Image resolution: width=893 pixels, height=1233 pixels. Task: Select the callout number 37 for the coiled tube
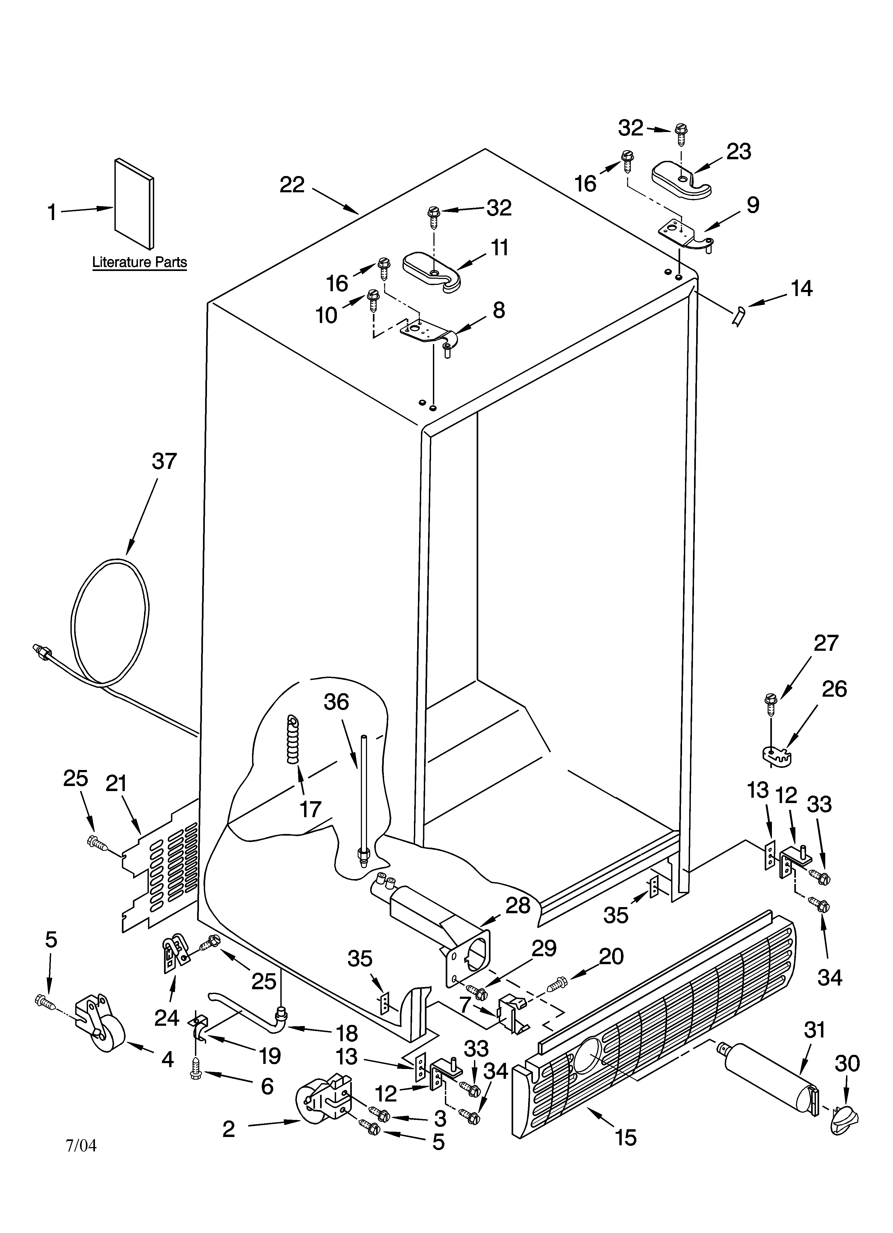point(164,461)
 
